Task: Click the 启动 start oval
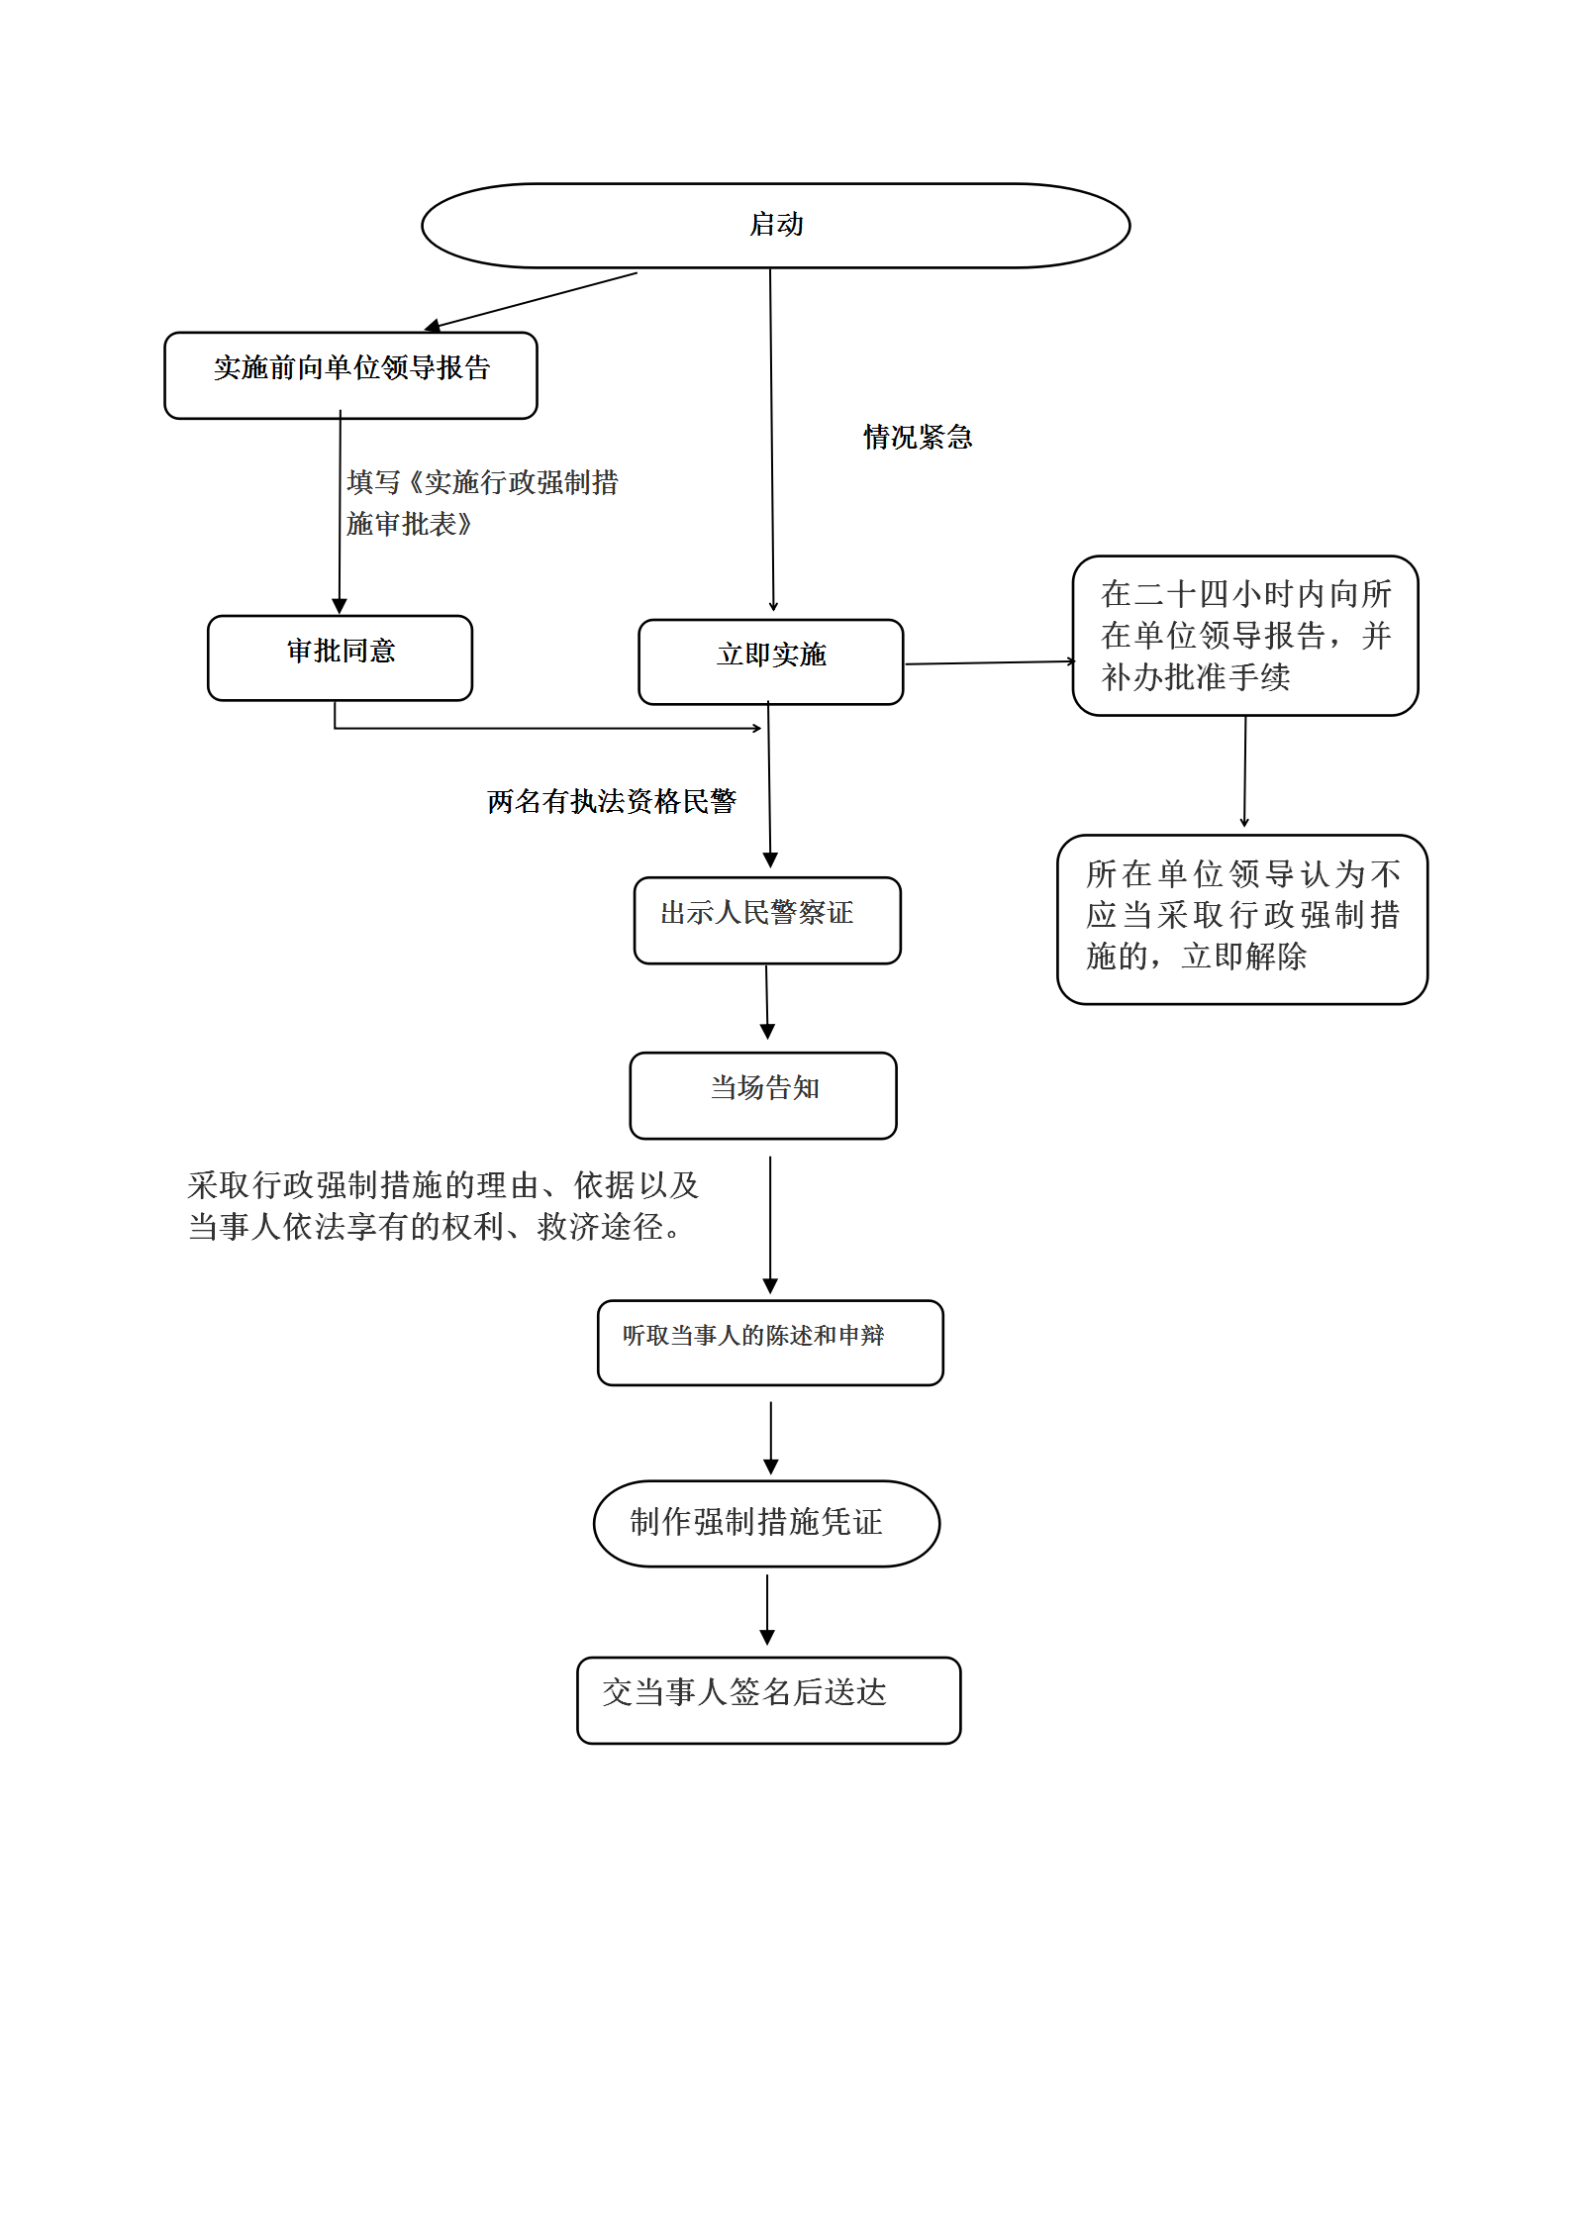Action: point(775,226)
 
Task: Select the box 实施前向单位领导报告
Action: point(350,375)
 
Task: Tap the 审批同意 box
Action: point(340,657)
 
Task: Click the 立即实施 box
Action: point(770,661)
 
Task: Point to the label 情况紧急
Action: point(917,437)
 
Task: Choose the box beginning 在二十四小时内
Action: point(1244,636)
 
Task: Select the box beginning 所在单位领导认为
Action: point(1241,918)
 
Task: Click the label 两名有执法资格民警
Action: point(611,801)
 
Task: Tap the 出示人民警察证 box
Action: point(766,919)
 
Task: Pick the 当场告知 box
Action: point(762,1094)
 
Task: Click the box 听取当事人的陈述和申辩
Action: point(769,1342)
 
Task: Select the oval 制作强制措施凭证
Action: point(765,1523)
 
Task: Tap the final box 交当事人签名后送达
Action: point(767,1699)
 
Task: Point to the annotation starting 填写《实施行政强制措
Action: point(481,503)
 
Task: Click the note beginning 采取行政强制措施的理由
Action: point(442,1206)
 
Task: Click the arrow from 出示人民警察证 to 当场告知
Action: point(766,1001)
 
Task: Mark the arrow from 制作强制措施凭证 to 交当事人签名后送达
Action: point(766,1609)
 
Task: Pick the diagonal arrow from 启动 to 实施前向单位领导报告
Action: point(533,300)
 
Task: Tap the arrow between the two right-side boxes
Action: point(1244,771)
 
